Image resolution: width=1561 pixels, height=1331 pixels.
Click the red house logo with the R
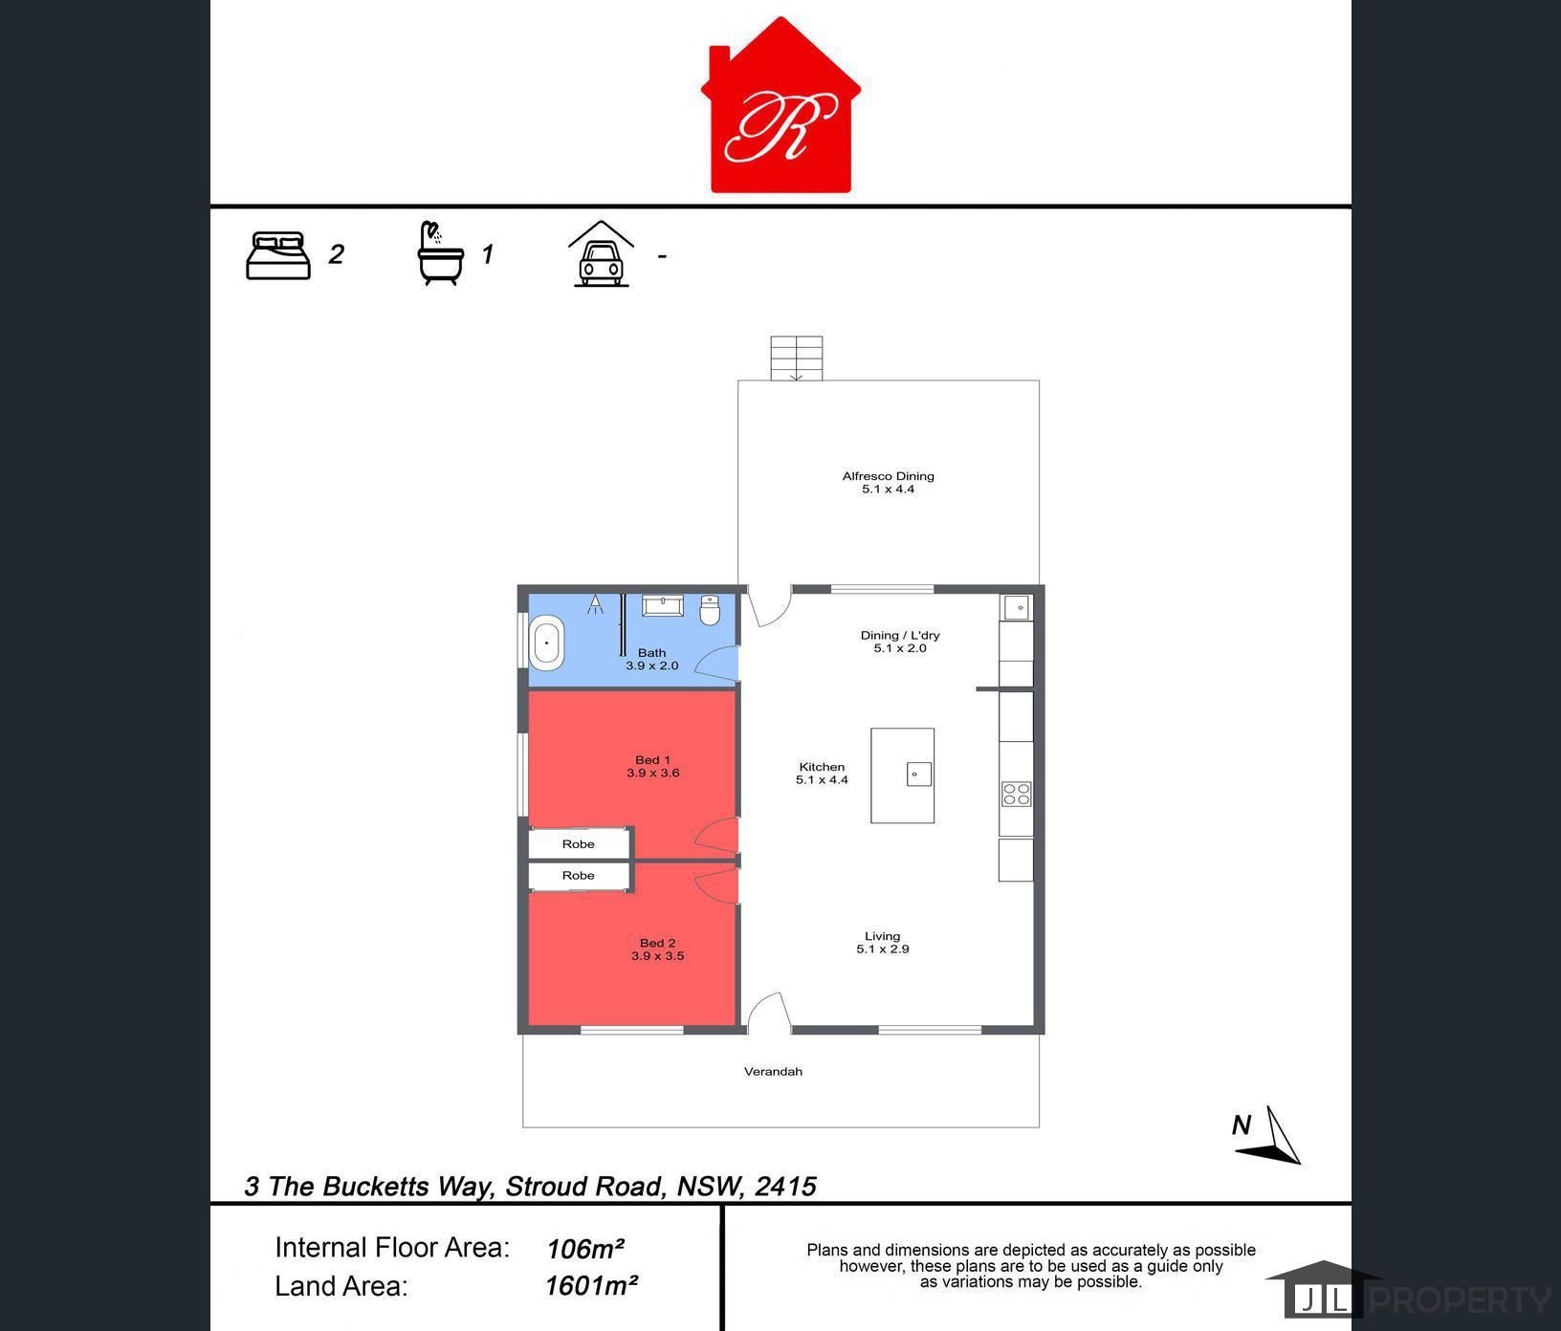(x=780, y=107)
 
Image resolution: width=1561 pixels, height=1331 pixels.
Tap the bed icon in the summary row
(x=278, y=255)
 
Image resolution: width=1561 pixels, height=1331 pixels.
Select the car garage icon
(x=601, y=254)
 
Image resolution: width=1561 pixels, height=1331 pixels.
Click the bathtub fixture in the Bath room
(x=547, y=644)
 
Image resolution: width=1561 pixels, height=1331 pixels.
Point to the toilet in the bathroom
(x=710, y=610)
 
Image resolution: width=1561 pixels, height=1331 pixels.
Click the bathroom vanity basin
(x=662, y=606)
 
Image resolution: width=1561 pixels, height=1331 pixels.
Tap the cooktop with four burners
(x=1016, y=794)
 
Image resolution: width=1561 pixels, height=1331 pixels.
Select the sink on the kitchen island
(x=919, y=774)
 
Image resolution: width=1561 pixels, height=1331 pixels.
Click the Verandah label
(x=773, y=1072)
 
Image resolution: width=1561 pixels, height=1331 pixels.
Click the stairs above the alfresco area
(x=797, y=359)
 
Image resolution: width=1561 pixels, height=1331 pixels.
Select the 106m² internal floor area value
(x=585, y=1249)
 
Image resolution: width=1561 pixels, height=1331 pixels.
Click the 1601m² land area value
(x=591, y=1286)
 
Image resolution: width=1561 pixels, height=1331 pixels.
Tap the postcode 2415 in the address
(x=785, y=1187)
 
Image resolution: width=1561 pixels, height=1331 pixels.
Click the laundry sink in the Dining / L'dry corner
(x=1016, y=607)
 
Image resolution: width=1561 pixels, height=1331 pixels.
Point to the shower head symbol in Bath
(x=595, y=603)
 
